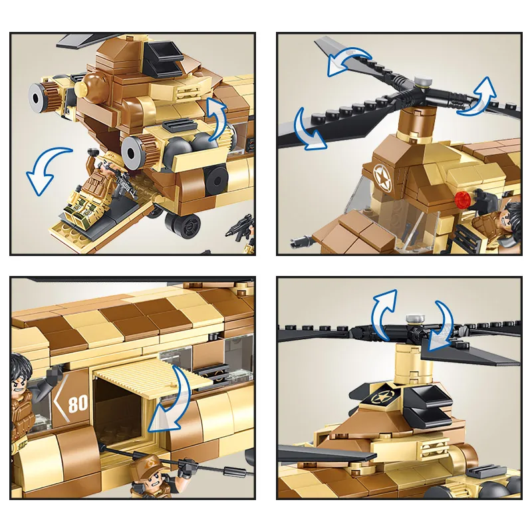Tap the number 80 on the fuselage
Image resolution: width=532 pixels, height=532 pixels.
(78, 403)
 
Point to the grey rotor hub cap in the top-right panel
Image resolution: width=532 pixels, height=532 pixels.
(423, 82)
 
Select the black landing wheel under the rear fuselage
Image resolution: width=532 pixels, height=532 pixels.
(183, 225)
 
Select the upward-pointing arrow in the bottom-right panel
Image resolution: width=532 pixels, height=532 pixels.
(384, 314)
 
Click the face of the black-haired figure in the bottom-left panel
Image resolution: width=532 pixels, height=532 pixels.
(19, 384)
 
